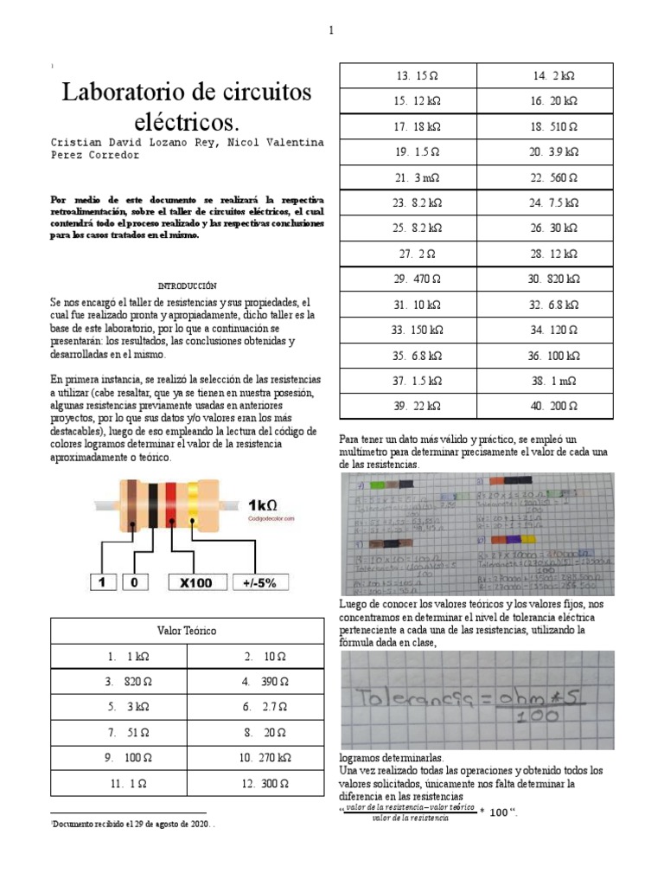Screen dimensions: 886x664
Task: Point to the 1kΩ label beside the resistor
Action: pos(264,504)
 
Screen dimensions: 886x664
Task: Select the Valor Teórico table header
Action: pos(187,632)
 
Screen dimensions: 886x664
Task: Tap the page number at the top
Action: pos(330,31)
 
